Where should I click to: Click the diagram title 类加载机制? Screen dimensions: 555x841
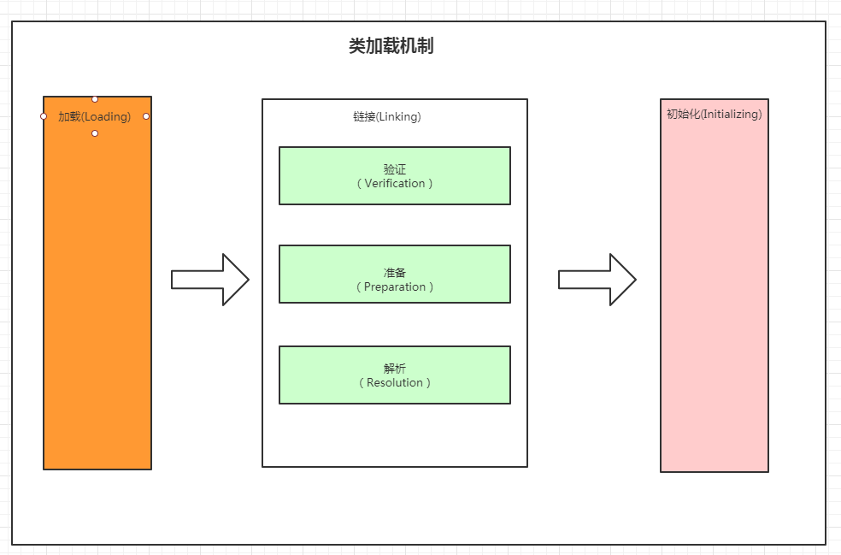pyautogui.click(x=391, y=46)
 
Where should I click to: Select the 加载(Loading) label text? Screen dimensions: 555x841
pyautogui.click(x=94, y=116)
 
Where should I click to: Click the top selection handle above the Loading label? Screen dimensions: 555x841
pyautogui.click(x=95, y=99)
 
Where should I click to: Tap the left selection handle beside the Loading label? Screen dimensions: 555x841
pyautogui.click(x=44, y=116)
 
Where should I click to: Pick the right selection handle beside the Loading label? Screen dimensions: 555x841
pyautogui.click(x=146, y=116)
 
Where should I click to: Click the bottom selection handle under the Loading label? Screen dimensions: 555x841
pyautogui.click(x=95, y=133)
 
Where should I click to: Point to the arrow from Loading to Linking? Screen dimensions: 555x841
pyautogui.click(x=209, y=280)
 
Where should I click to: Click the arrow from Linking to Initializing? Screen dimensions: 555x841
pyautogui.click(x=597, y=280)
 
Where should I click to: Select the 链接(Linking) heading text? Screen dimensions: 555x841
pyautogui.click(x=386, y=116)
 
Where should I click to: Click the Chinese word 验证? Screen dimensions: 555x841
pyautogui.click(x=395, y=169)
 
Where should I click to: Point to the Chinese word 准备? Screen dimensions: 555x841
pyautogui.click(x=395, y=273)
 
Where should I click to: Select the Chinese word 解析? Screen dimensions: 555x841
pyautogui.click(x=395, y=369)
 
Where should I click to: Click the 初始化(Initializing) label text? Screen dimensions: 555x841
pyautogui.click(x=714, y=114)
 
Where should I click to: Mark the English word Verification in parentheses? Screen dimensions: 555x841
pyautogui.click(x=395, y=183)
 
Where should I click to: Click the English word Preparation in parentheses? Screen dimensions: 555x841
pyautogui.click(x=395, y=286)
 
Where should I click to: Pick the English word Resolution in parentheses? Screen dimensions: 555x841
pyautogui.click(x=395, y=382)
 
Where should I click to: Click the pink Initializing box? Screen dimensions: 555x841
pyautogui.click(x=714, y=299)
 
